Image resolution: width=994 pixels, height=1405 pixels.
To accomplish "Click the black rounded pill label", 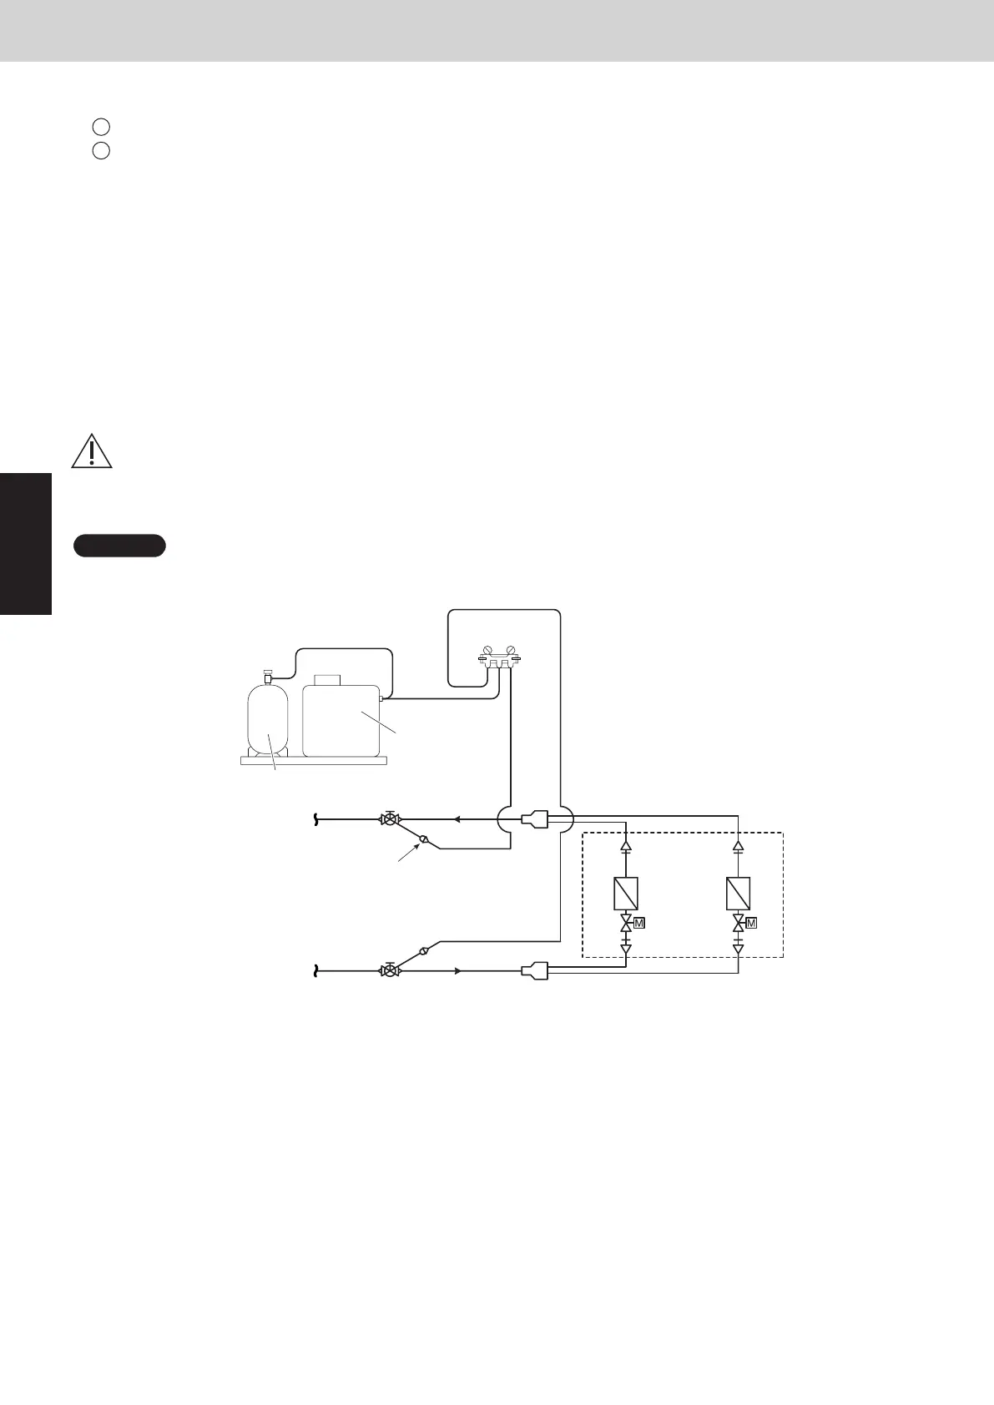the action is pyautogui.click(x=119, y=546).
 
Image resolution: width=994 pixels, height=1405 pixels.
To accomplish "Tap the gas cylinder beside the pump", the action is pyautogui.click(x=268, y=720).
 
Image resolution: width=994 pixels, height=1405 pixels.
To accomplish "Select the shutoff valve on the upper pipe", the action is pyautogui.click(x=388, y=819).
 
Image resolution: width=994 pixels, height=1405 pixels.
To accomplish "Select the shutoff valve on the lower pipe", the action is pyautogui.click(x=388, y=971).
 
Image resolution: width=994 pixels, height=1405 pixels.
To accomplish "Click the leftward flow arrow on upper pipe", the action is pyautogui.click(x=457, y=819).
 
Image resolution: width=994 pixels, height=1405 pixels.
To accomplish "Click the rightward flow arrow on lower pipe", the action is pyautogui.click(x=457, y=971).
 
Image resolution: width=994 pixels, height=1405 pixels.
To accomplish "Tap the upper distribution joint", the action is pyautogui.click(x=534, y=819).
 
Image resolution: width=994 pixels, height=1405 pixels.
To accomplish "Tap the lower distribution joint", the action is pyautogui.click(x=534, y=971).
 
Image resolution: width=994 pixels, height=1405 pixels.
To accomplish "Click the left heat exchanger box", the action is pyautogui.click(x=626, y=894).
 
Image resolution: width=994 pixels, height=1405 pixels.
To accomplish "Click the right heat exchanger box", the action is pyautogui.click(x=739, y=894).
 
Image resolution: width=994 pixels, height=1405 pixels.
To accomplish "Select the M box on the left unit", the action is pyautogui.click(x=639, y=923).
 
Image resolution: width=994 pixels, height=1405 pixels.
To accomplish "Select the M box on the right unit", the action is pyautogui.click(x=752, y=923).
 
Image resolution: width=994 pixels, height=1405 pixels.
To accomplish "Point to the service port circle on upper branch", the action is pyautogui.click(x=423, y=839).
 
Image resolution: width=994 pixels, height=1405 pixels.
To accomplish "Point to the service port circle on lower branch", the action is pyautogui.click(x=423, y=950).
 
